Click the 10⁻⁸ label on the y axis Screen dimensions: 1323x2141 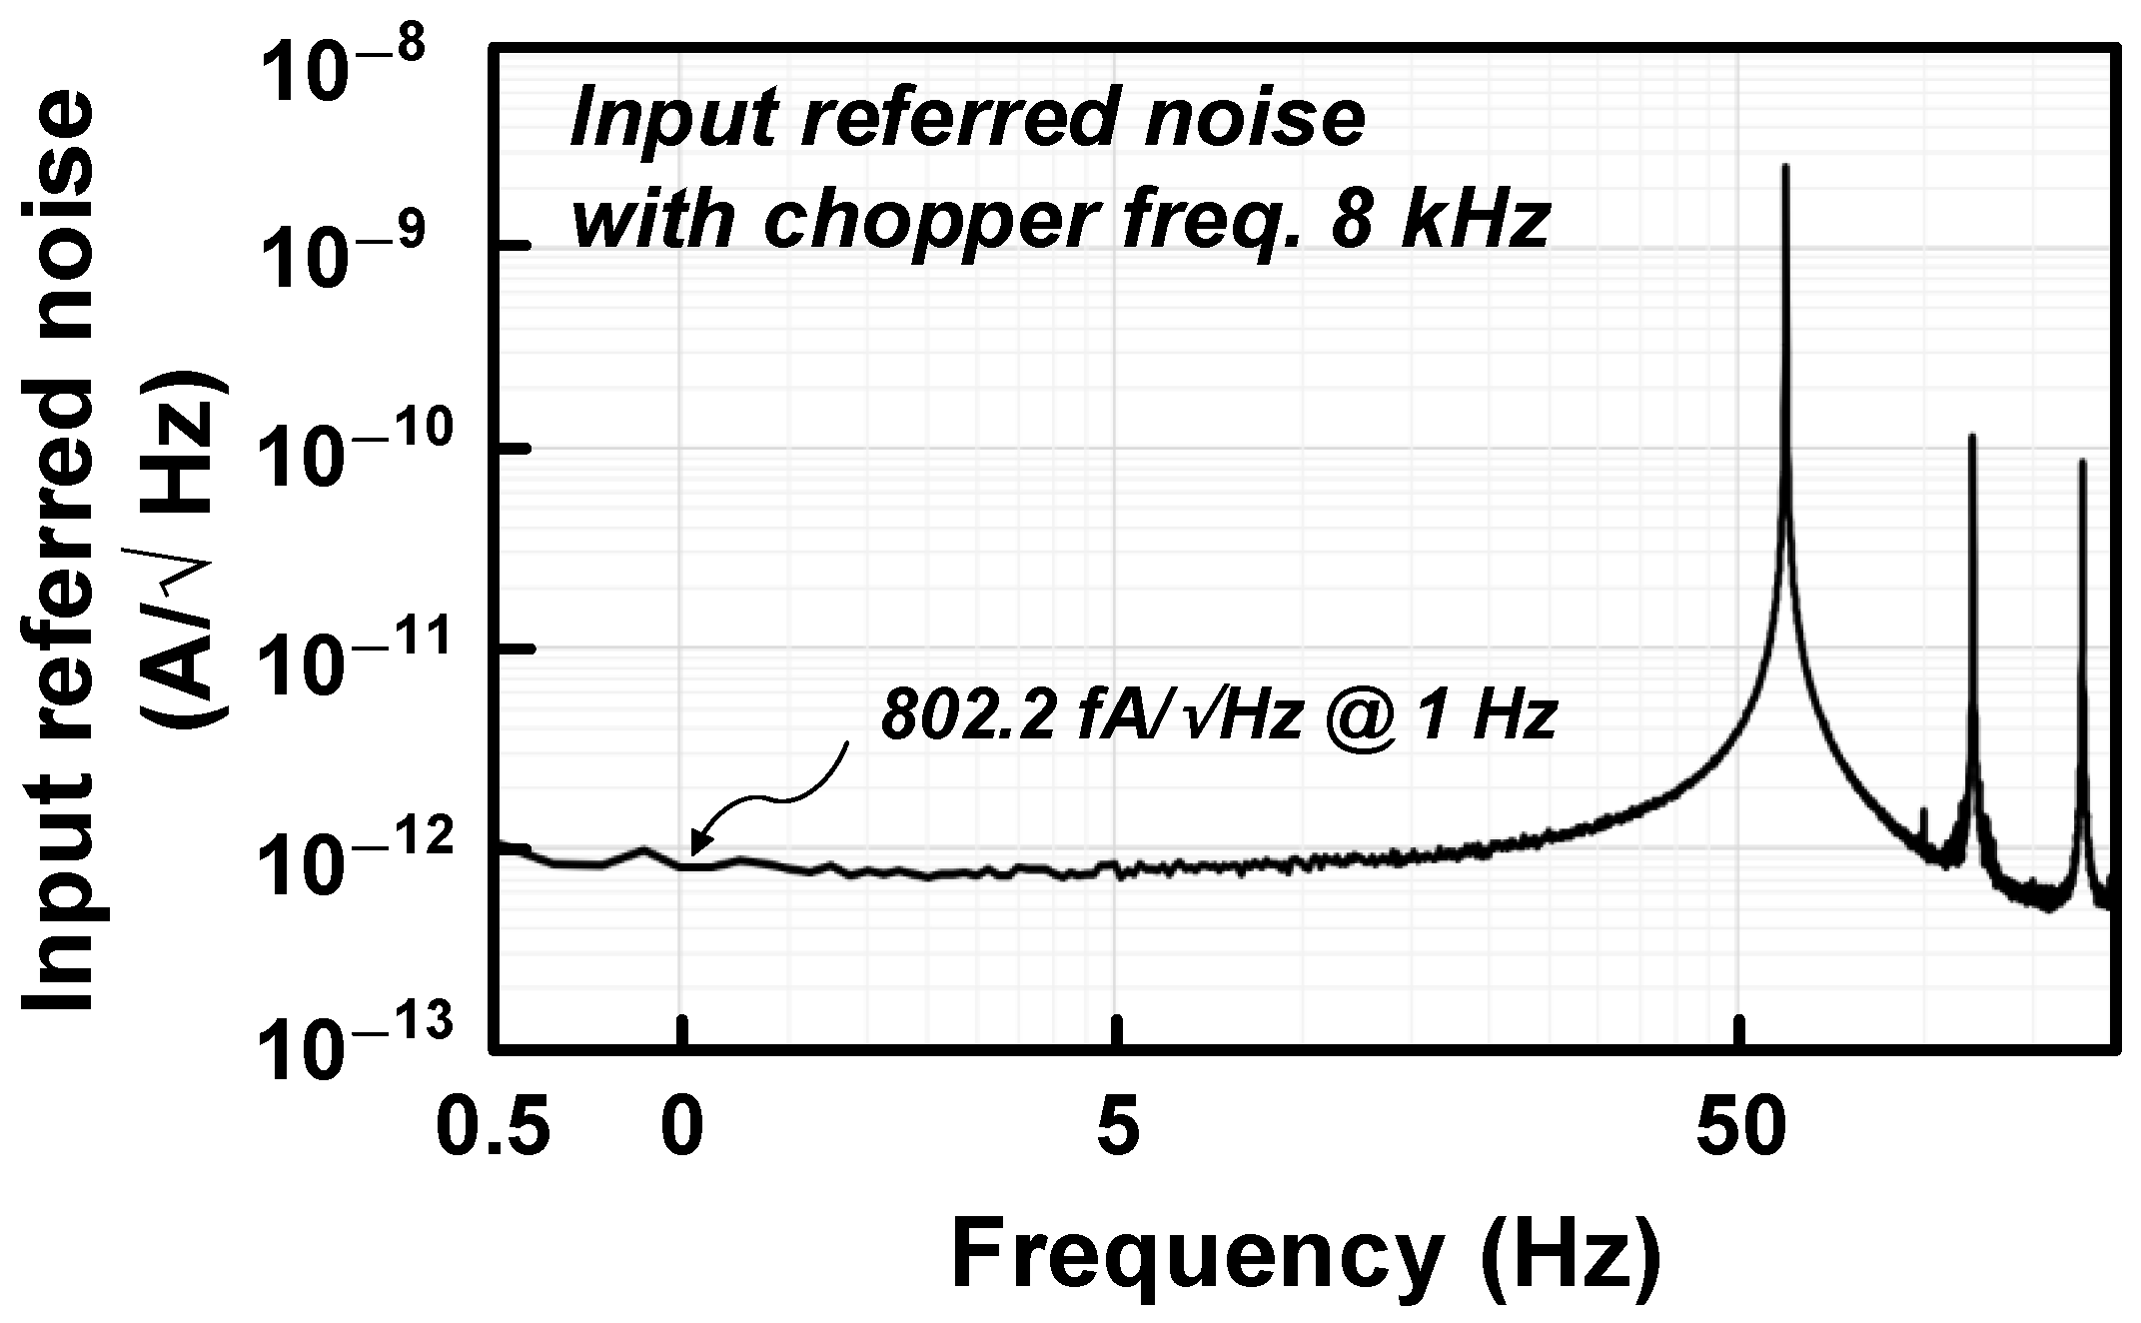[x=344, y=74]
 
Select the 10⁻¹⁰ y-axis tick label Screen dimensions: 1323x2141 [x=344, y=465]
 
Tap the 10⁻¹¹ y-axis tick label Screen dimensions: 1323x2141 [x=344, y=664]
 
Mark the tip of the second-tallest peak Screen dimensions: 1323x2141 [x=1971, y=437]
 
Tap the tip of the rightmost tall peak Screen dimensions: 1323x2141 [x=2082, y=462]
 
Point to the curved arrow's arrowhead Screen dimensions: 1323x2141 [x=693, y=854]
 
